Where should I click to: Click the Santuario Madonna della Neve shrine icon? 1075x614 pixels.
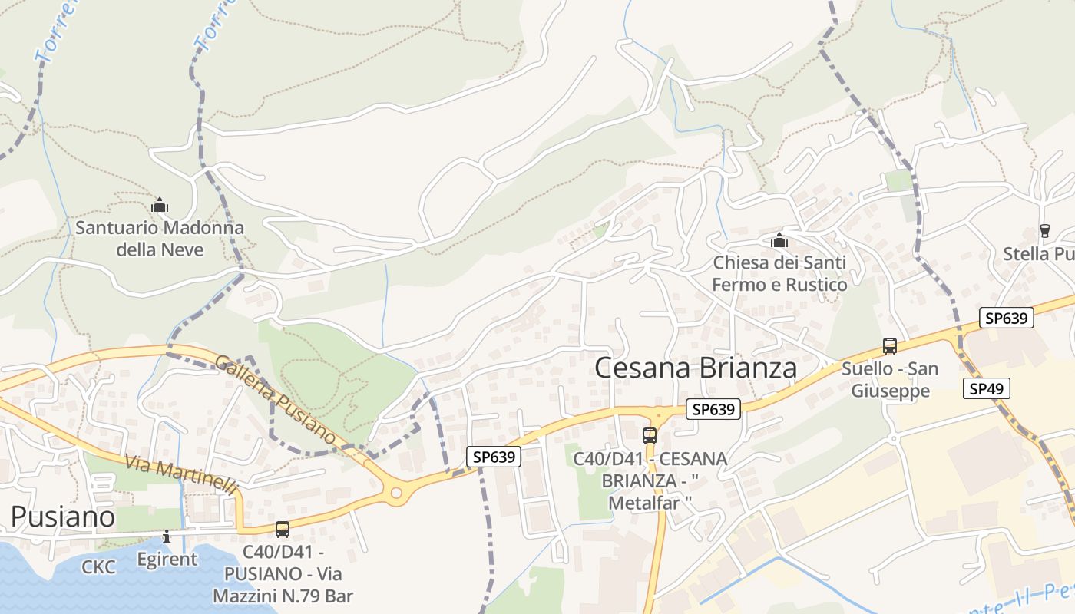[160, 205]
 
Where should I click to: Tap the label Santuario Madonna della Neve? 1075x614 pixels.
[160, 239]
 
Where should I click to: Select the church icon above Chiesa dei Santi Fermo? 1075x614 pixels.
[779, 241]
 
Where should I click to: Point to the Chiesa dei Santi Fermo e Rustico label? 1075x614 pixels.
[779, 273]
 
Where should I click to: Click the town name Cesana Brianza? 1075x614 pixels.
[696, 368]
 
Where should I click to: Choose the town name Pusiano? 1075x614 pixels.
[63, 517]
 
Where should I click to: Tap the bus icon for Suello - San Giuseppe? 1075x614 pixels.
[890, 346]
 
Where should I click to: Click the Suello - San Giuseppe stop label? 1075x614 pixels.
[890, 380]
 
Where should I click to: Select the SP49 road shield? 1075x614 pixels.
[986, 389]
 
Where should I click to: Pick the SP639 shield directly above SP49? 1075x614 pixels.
[1006, 318]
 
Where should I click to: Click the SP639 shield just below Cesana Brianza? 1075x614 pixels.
[713, 410]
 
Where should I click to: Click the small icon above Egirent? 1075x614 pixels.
[167, 536]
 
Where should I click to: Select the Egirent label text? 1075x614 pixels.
[167, 559]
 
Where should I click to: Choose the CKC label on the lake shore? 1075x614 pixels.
[99, 567]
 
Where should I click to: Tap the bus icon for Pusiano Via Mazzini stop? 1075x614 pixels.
[283, 529]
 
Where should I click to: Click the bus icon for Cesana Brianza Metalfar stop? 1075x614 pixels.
[650, 436]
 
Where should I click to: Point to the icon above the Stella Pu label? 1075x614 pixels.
[1044, 230]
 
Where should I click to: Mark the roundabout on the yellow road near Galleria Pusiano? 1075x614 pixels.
[396, 493]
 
